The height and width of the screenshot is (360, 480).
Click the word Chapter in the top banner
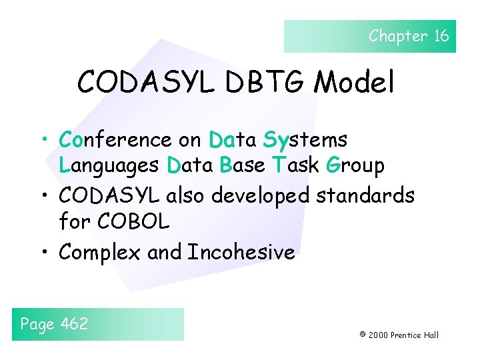pyautogui.click(x=398, y=36)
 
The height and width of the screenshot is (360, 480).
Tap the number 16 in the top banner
pyautogui.click(x=441, y=36)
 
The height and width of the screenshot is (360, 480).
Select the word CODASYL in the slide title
pyautogui.click(x=144, y=83)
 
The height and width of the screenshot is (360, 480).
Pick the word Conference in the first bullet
pyautogui.click(x=115, y=140)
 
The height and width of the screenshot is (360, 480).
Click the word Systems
pyautogui.click(x=305, y=140)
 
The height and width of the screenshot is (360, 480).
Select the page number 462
pyautogui.click(x=74, y=324)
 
